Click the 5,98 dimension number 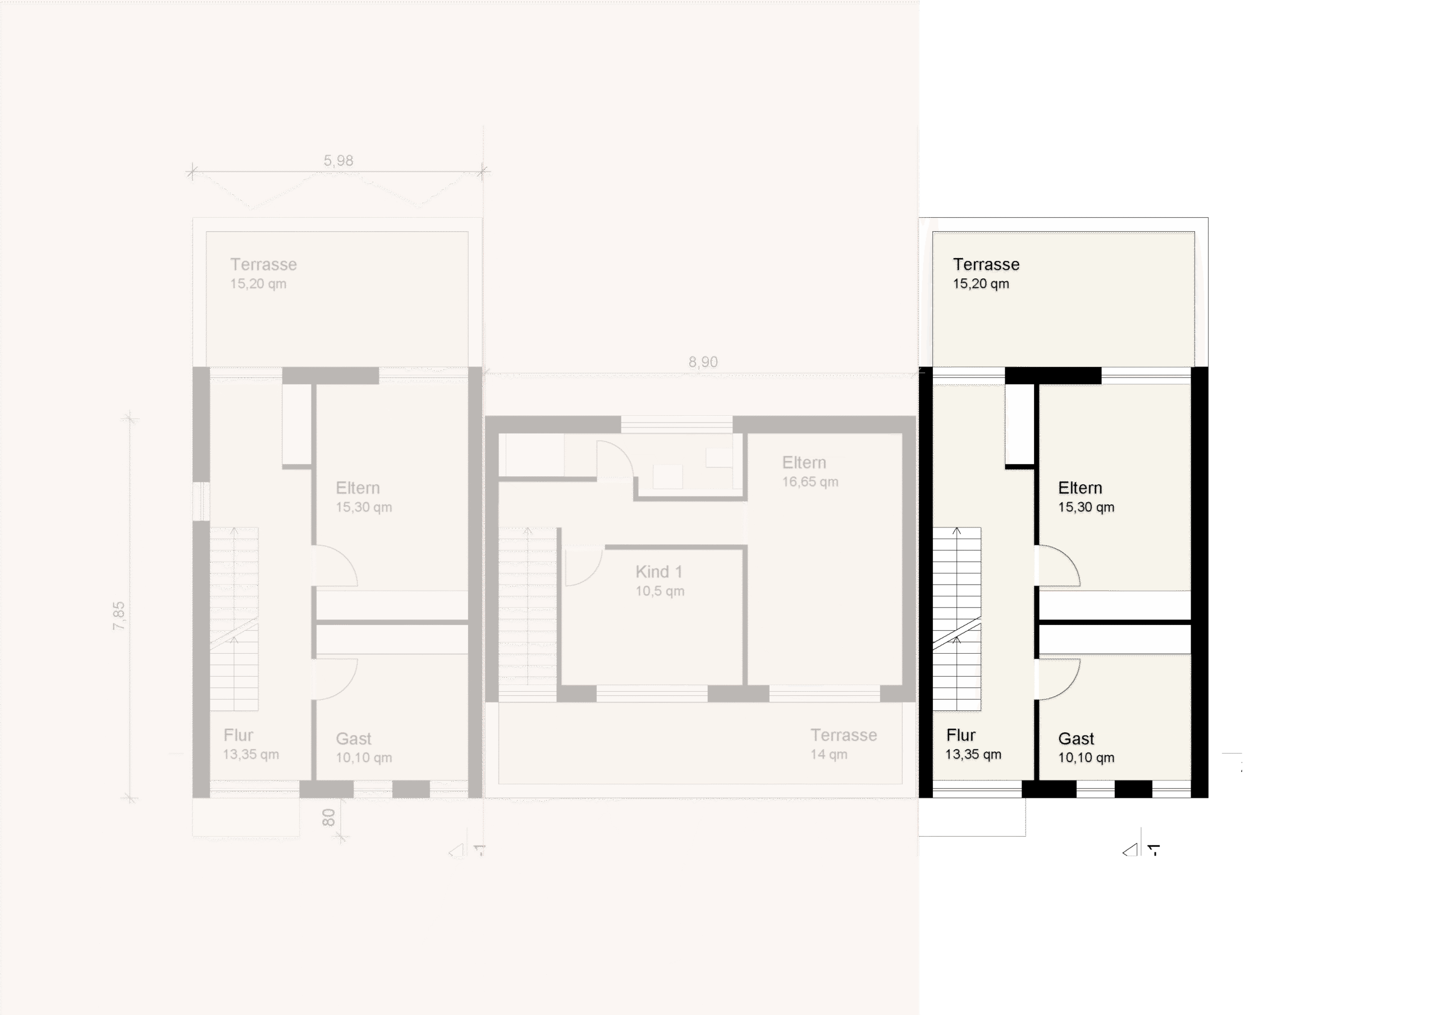[338, 161]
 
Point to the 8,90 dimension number [703, 362]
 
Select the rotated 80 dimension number [328, 817]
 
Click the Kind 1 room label [658, 571]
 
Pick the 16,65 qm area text [810, 482]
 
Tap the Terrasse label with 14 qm [844, 734]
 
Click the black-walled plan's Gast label [1076, 738]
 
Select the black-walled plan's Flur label [960, 734]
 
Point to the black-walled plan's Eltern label [1079, 488]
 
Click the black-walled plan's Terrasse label [986, 264]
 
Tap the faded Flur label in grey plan [239, 734]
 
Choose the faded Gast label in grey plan [354, 738]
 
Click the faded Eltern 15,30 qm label [364, 497]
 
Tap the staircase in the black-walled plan [957, 619]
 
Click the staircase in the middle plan [528, 614]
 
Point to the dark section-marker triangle [1131, 850]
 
